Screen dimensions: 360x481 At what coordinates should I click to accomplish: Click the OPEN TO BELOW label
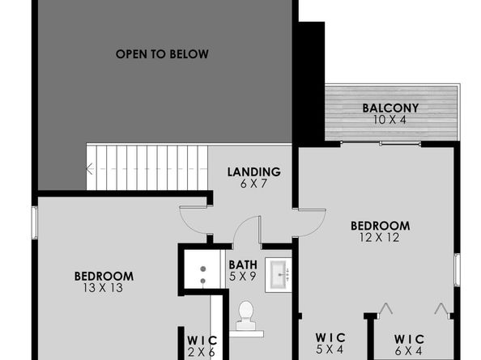162,54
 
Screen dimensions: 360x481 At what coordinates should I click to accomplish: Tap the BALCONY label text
389,108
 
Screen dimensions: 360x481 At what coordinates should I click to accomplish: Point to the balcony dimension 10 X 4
389,120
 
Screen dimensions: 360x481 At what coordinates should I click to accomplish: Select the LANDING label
253,172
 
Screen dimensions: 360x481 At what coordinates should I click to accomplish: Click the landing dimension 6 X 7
253,183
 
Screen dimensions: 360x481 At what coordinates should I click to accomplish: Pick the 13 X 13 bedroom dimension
103,287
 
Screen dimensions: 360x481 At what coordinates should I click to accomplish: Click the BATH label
243,265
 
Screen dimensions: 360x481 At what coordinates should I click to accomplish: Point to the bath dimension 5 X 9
243,276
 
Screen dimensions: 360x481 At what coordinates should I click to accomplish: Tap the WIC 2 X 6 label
200,346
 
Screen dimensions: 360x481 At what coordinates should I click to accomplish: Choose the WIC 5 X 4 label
330,343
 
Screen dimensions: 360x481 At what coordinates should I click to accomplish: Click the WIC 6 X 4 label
408,345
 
